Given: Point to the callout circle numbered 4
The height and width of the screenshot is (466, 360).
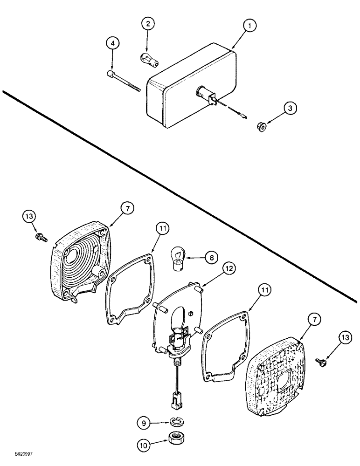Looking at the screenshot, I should coord(111,43).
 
